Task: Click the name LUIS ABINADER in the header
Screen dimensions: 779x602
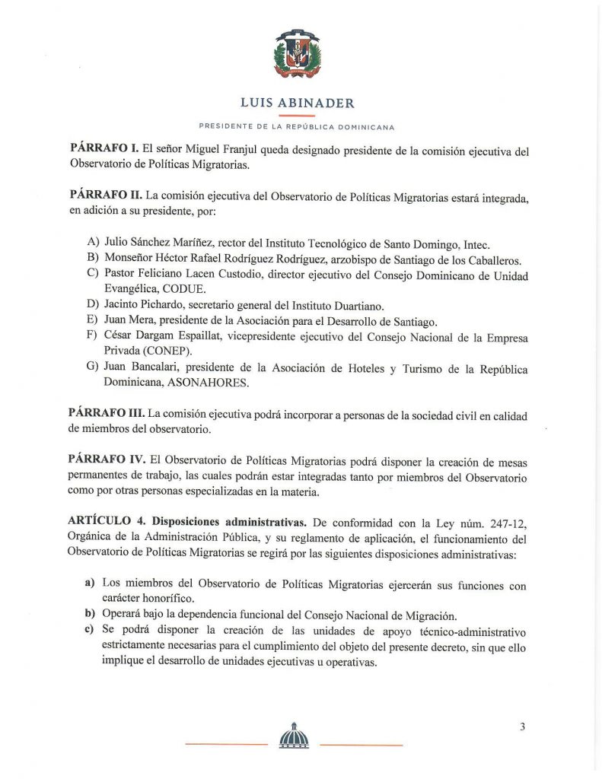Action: click(297, 103)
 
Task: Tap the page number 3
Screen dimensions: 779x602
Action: click(522, 727)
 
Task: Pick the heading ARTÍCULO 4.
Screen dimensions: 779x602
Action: click(107, 522)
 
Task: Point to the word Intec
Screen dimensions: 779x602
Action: click(476, 244)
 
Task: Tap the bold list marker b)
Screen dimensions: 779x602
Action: click(90, 615)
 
